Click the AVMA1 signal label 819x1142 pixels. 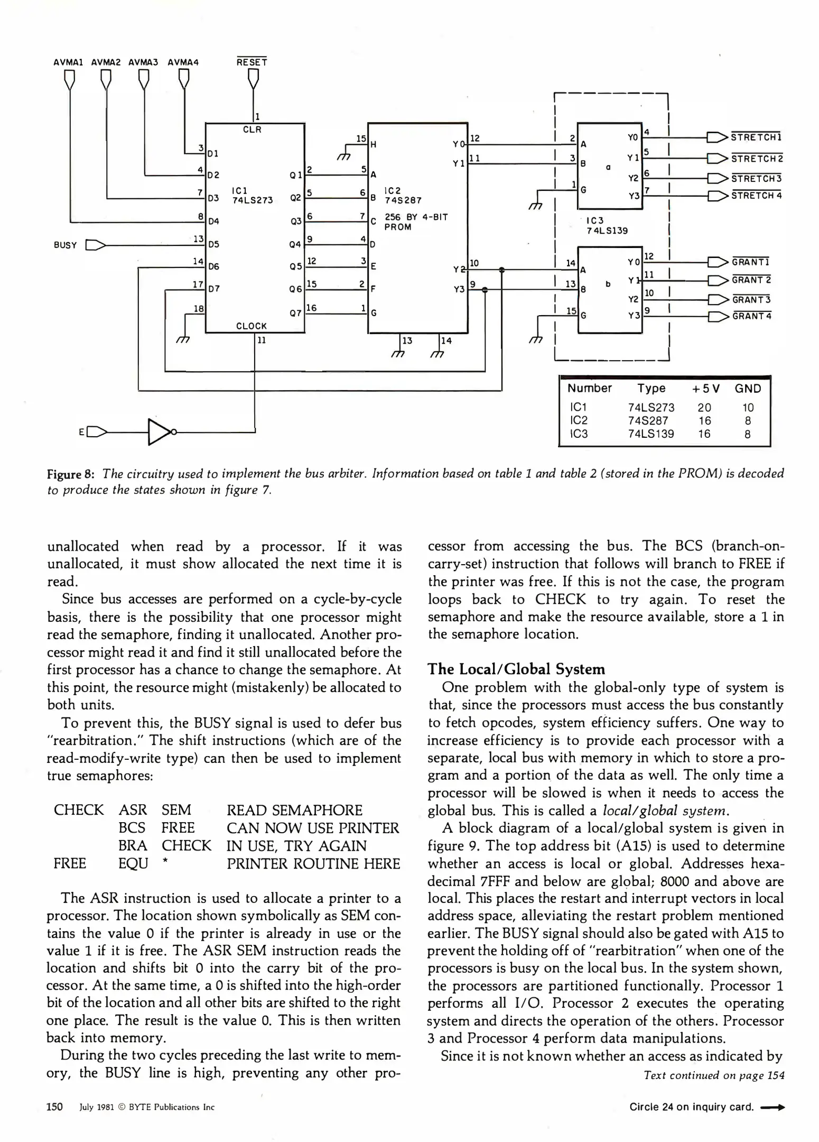pyautogui.click(x=69, y=62)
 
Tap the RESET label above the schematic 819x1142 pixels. pyautogui.click(x=252, y=62)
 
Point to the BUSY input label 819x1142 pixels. pyautogui.click(x=66, y=245)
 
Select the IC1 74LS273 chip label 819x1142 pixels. pyautogui.click(x=252, y=195)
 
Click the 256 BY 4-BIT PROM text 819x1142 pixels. pyautogui.click(x=416, y=222)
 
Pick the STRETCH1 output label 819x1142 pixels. pyautogui.click(x=756, y=137)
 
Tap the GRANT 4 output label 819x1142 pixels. pyautogui.click(x=751, y=316)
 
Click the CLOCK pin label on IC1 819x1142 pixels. pyautogui.click(x=252, y=326)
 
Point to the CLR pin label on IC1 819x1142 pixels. pyautogui.click(x=252, y=130)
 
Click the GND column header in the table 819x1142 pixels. pyautogui.click(x=748, y=389)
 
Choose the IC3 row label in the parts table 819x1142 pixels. pyautogui.click(x=579, y=434)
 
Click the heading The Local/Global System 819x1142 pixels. pyautogui.click(x=516, y=669)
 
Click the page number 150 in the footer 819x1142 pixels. pyautogui.click(x=55, y=1107)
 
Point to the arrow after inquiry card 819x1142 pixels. pyautogui.click(x=773, y=1107)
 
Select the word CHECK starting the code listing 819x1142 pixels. pyautogui.click(x=79, y=811)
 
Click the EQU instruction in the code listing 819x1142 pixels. pyautogui.click(x=133, y=863)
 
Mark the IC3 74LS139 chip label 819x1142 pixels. pyautogui.click(x=607, y=225)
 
